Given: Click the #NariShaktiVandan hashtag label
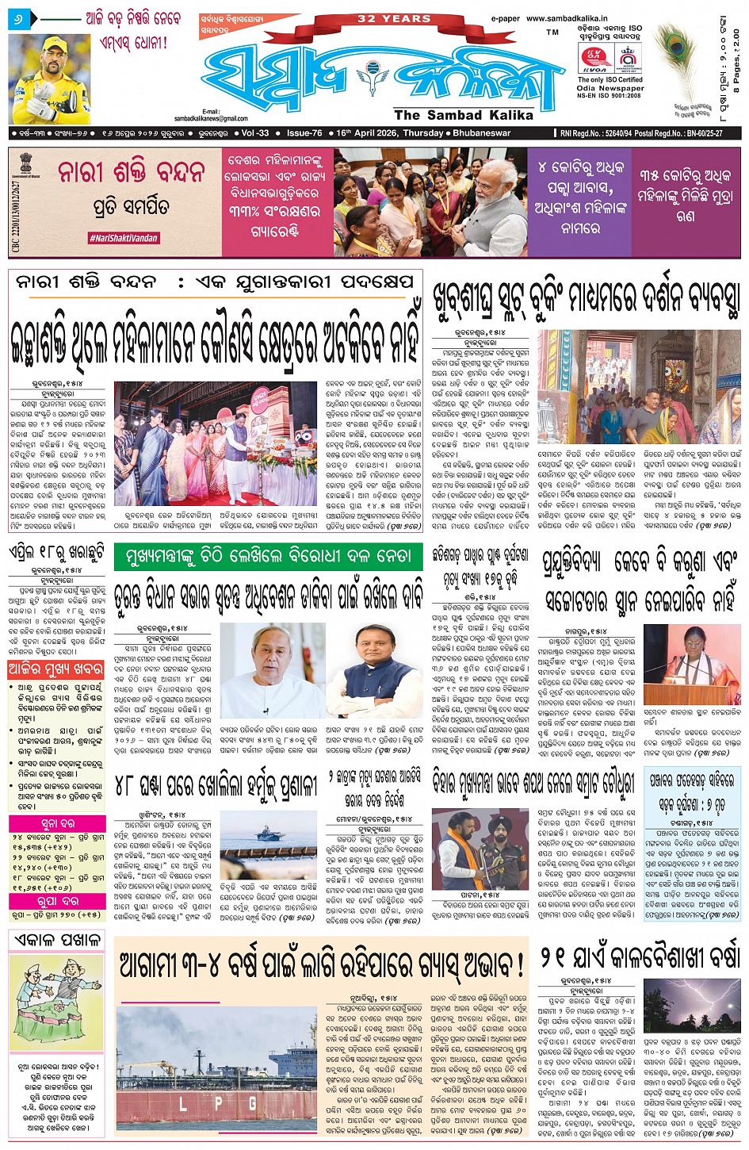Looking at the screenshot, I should point(123,238).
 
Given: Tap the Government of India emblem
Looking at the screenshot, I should point(26,168).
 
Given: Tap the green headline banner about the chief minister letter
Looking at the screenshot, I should point(268,558).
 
